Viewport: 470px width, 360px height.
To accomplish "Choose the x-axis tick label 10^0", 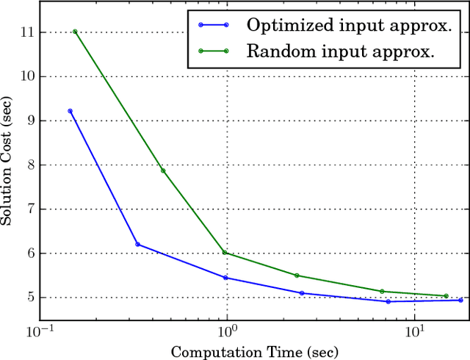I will click(x=227, y=331).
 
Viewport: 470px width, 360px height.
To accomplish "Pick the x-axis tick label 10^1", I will click(x=415, y=331).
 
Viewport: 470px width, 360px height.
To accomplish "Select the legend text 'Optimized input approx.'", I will click(x=348, y=25).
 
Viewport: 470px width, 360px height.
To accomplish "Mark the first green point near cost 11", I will click(x=75, y=32).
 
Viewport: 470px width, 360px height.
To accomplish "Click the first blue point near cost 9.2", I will click(x=70, y=111).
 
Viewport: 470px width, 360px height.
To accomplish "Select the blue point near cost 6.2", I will click(x=137, y=245).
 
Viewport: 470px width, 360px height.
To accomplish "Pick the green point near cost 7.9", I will click(x=163, y=170).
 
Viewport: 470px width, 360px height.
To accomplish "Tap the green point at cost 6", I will click(x=225, y=253).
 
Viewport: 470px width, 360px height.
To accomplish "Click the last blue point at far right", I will click(x=460, y=300).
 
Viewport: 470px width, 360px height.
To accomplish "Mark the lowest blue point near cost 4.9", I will click(x=388, y=301).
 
